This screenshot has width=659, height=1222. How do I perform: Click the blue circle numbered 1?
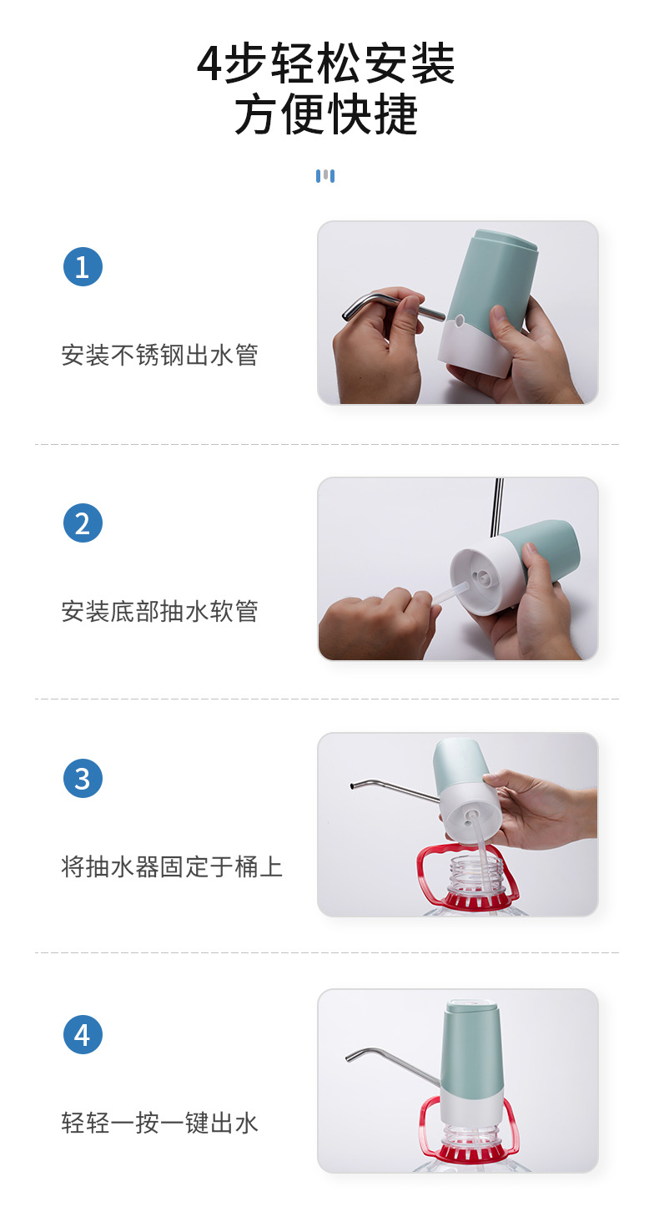83,267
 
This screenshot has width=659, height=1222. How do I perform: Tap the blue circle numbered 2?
83,523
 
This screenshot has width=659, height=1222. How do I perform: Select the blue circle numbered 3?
83,779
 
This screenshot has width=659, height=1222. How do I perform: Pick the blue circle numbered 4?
83,1035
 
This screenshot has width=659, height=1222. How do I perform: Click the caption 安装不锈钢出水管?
159,356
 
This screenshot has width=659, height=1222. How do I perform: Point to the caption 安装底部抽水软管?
159,612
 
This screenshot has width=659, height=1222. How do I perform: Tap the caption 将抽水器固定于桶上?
172,867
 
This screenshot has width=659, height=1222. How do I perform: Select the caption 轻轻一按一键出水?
159,1124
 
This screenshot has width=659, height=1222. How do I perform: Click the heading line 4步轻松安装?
326,64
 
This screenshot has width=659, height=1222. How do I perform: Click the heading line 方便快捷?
326,115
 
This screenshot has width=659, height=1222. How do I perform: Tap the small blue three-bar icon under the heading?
325,176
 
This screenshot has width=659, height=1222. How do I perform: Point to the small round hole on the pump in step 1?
460,320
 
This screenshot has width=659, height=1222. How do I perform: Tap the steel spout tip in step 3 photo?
355,785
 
